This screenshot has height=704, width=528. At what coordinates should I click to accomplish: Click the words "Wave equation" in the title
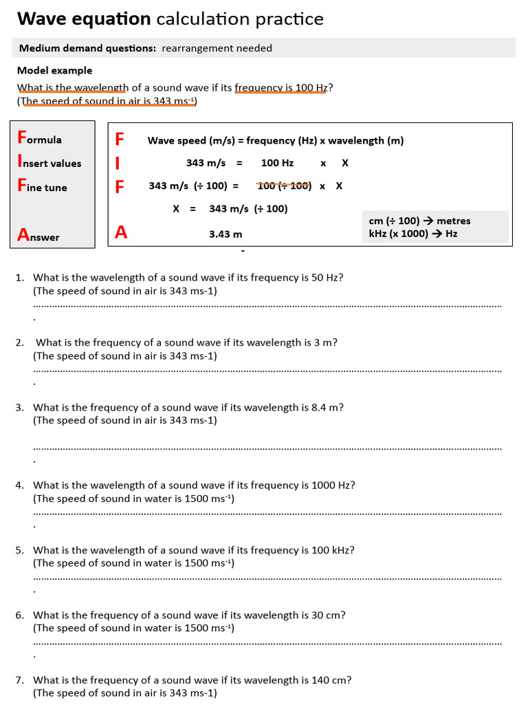tap(84, 19)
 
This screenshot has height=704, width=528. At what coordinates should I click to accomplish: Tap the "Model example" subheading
tap(54, 70)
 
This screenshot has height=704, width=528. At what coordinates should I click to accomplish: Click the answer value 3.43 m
tap(225, 234)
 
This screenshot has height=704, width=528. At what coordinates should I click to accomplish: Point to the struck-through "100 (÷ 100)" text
tap(284, 186)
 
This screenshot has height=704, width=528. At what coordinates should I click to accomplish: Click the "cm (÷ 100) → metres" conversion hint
tap(419, 221)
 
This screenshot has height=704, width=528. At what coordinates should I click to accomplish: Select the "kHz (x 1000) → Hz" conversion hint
tap(413, 233)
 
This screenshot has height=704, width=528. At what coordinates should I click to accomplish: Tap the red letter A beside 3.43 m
tap(121, 232)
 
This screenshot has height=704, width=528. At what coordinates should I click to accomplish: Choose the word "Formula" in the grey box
tap(39, 139)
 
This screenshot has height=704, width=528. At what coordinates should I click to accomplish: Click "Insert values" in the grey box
tap(49, 163)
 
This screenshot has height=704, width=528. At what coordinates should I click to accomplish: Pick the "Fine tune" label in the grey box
tap(42, 186)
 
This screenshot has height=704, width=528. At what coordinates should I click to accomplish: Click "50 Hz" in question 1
tap(327, 277)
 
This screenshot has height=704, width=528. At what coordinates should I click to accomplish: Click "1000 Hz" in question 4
tap(333, 485)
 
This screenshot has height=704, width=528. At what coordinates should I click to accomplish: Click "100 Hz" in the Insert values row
tap(277, 163)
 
